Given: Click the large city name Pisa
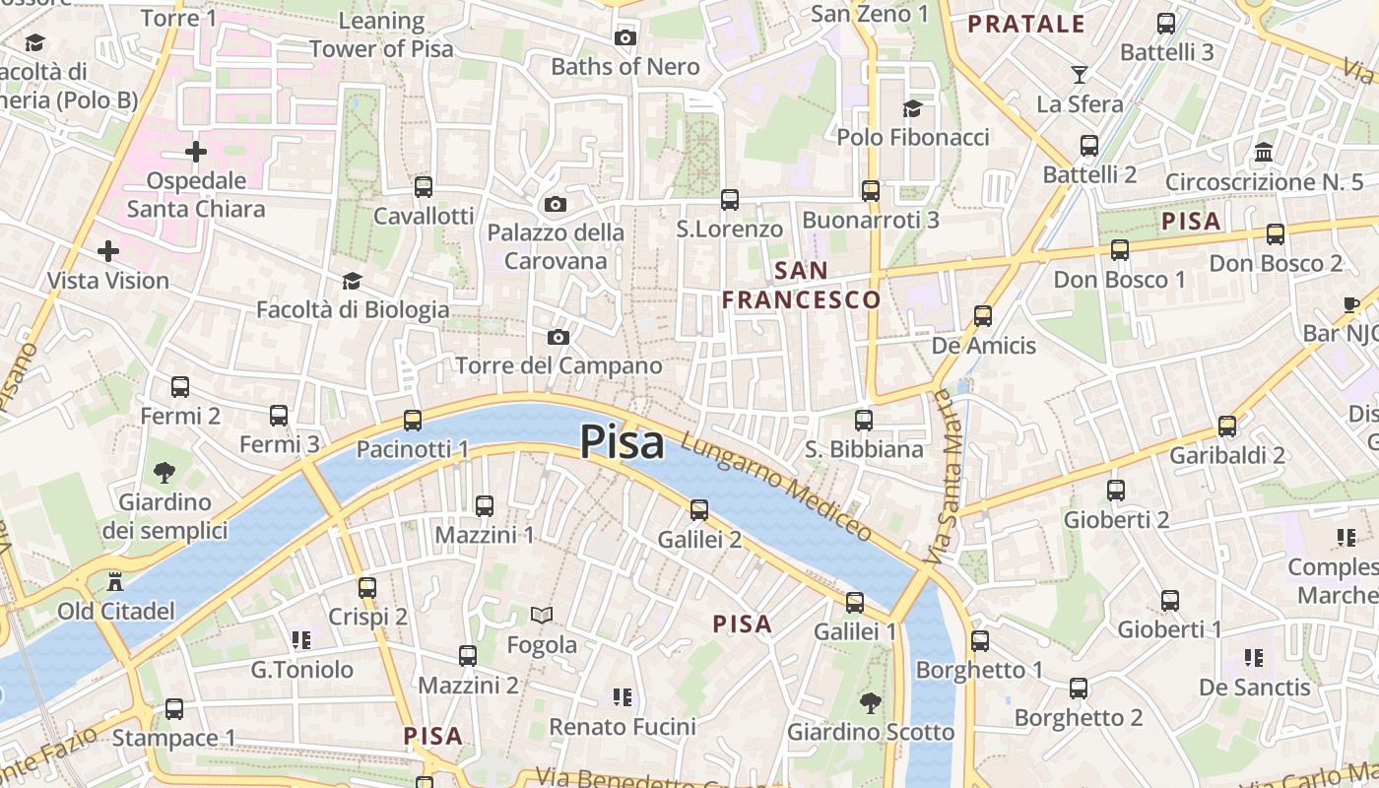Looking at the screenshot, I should (x=622, y=442).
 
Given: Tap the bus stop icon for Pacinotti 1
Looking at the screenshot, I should (x=413, y=421).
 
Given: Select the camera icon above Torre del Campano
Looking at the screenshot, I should (x=558, y=338).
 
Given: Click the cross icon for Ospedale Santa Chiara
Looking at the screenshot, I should (x=196, y=152).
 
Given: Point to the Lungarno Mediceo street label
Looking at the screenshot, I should (x=777, y=488).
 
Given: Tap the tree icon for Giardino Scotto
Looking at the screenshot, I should (x=870, y=702).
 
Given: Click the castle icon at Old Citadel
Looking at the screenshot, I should (x=116, y=581).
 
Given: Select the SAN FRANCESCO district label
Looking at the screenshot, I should (x=801, y=285).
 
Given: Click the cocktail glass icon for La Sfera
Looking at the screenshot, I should (x=1080, y=75).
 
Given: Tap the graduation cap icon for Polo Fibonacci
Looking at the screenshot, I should (x=913, y=108).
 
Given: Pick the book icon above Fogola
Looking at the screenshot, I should (x=542, y=616).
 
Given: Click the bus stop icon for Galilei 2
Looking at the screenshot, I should (x=699, y=510).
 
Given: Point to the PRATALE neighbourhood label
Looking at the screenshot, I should (x=1026, y=25).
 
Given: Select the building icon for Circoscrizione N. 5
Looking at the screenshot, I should (x=1264, y=153).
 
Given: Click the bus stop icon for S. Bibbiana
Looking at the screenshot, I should (x=864, y=421).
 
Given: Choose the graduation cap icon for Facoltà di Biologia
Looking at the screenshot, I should (x=352, y=282).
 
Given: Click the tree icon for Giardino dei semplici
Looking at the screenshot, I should (x=164, y=473).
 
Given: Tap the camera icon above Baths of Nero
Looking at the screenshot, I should (x=624, y=38).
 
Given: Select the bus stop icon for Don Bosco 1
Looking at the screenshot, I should (x=1120, y=250).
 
